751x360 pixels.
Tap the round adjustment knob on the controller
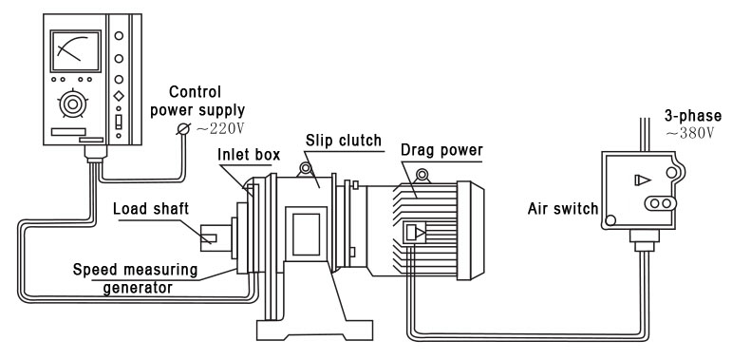pyautogui.click(x=70, y=102)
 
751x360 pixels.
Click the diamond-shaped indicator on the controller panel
pyautogui.click(x=119, y=97)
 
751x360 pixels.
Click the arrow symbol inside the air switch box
pyautogui.click(x=643, y=178)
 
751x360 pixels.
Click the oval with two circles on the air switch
pyautogui.click(x=658, y=203)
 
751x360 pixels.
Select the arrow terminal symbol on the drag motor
pyautogui.click(x=416, y=232)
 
